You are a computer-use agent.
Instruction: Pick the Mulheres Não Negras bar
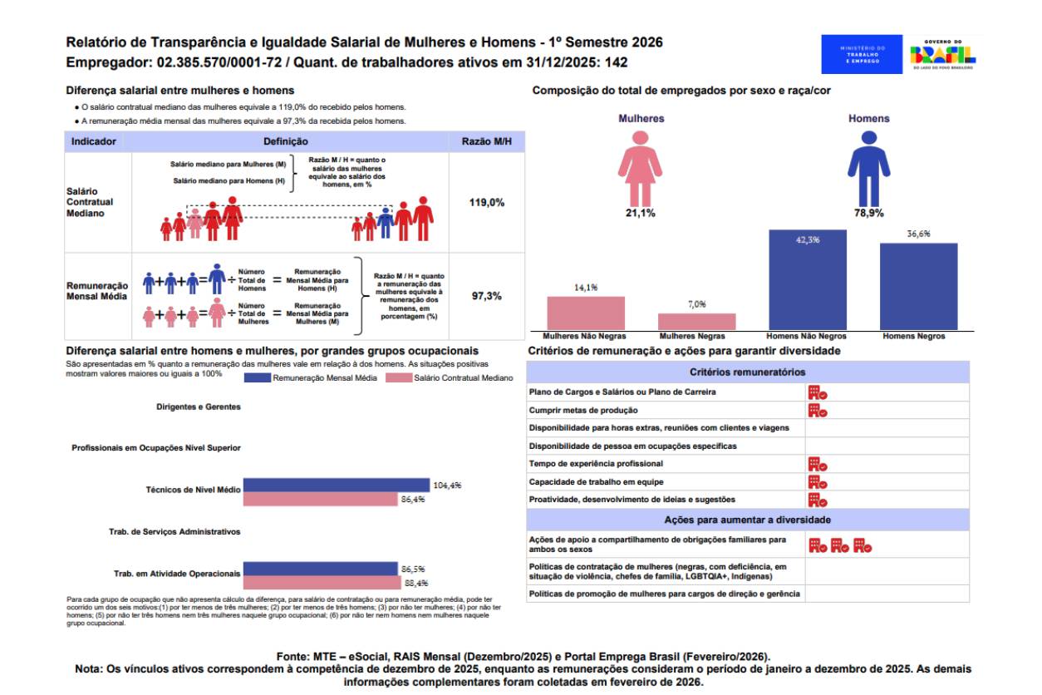(x=586, y=313)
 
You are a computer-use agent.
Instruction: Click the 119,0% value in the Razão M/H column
(x=486, y=202)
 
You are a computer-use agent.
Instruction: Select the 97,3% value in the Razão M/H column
(x=486, y=296)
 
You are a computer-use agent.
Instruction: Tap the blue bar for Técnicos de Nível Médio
(x=337, y=486)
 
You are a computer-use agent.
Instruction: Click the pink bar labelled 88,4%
(x=321, y=582)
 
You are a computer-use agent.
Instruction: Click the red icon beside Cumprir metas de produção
(x=818, y=410)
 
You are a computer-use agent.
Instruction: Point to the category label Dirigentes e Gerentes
(x=199, y=407)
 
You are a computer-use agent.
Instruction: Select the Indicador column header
(x=94, y=142)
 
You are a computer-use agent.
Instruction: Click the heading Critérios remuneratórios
(x=747, y=372)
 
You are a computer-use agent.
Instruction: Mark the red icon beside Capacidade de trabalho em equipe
(x=818, y=482)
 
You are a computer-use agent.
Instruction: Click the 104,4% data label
(x=447, y=486)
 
